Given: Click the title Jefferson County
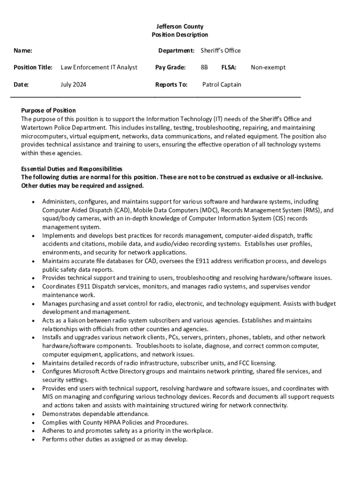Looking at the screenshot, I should click(180, 27).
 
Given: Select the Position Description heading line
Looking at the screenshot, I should click(180, 35).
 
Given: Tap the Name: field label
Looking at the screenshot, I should click(23, 51).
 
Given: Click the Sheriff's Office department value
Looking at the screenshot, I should click(220, 51).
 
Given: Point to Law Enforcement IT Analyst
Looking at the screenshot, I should click(99, 67).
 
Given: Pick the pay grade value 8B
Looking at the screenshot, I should click(204, 67).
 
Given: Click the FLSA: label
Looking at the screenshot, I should click(229, 67).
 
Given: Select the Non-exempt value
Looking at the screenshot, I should click(268, 67).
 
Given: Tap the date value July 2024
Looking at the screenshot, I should click(73, 85).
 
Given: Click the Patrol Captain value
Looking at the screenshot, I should click(222, 85).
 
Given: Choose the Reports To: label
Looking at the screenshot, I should click(171, 85).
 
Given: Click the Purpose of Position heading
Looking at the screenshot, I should click(48, 110).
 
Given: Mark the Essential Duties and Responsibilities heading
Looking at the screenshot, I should click(72, 169).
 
